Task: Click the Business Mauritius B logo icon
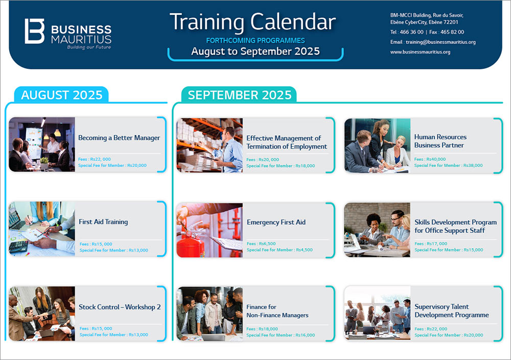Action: (x=35, y=31)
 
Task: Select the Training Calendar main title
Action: (x=252, y=22)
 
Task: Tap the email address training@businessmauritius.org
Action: (x=440, y=42)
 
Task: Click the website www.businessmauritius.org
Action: (x=421, y=52)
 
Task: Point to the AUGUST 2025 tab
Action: (x=61, y=95)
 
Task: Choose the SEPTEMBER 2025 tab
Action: (x=239, y=95)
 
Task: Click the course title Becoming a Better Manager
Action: (x=119, y=138)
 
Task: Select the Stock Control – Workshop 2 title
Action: (x=120, y=307)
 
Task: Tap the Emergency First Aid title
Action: (x=276, y=222)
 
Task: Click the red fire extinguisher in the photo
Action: (x=191, y=242)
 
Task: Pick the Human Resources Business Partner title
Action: (x=440, y=141)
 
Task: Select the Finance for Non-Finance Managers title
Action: (x=277, y=311)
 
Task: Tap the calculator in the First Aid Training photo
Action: (x=18, y=247)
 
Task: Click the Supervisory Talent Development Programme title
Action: (x=452, y=311)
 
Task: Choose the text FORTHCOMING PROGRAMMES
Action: (x=255, y=40)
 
